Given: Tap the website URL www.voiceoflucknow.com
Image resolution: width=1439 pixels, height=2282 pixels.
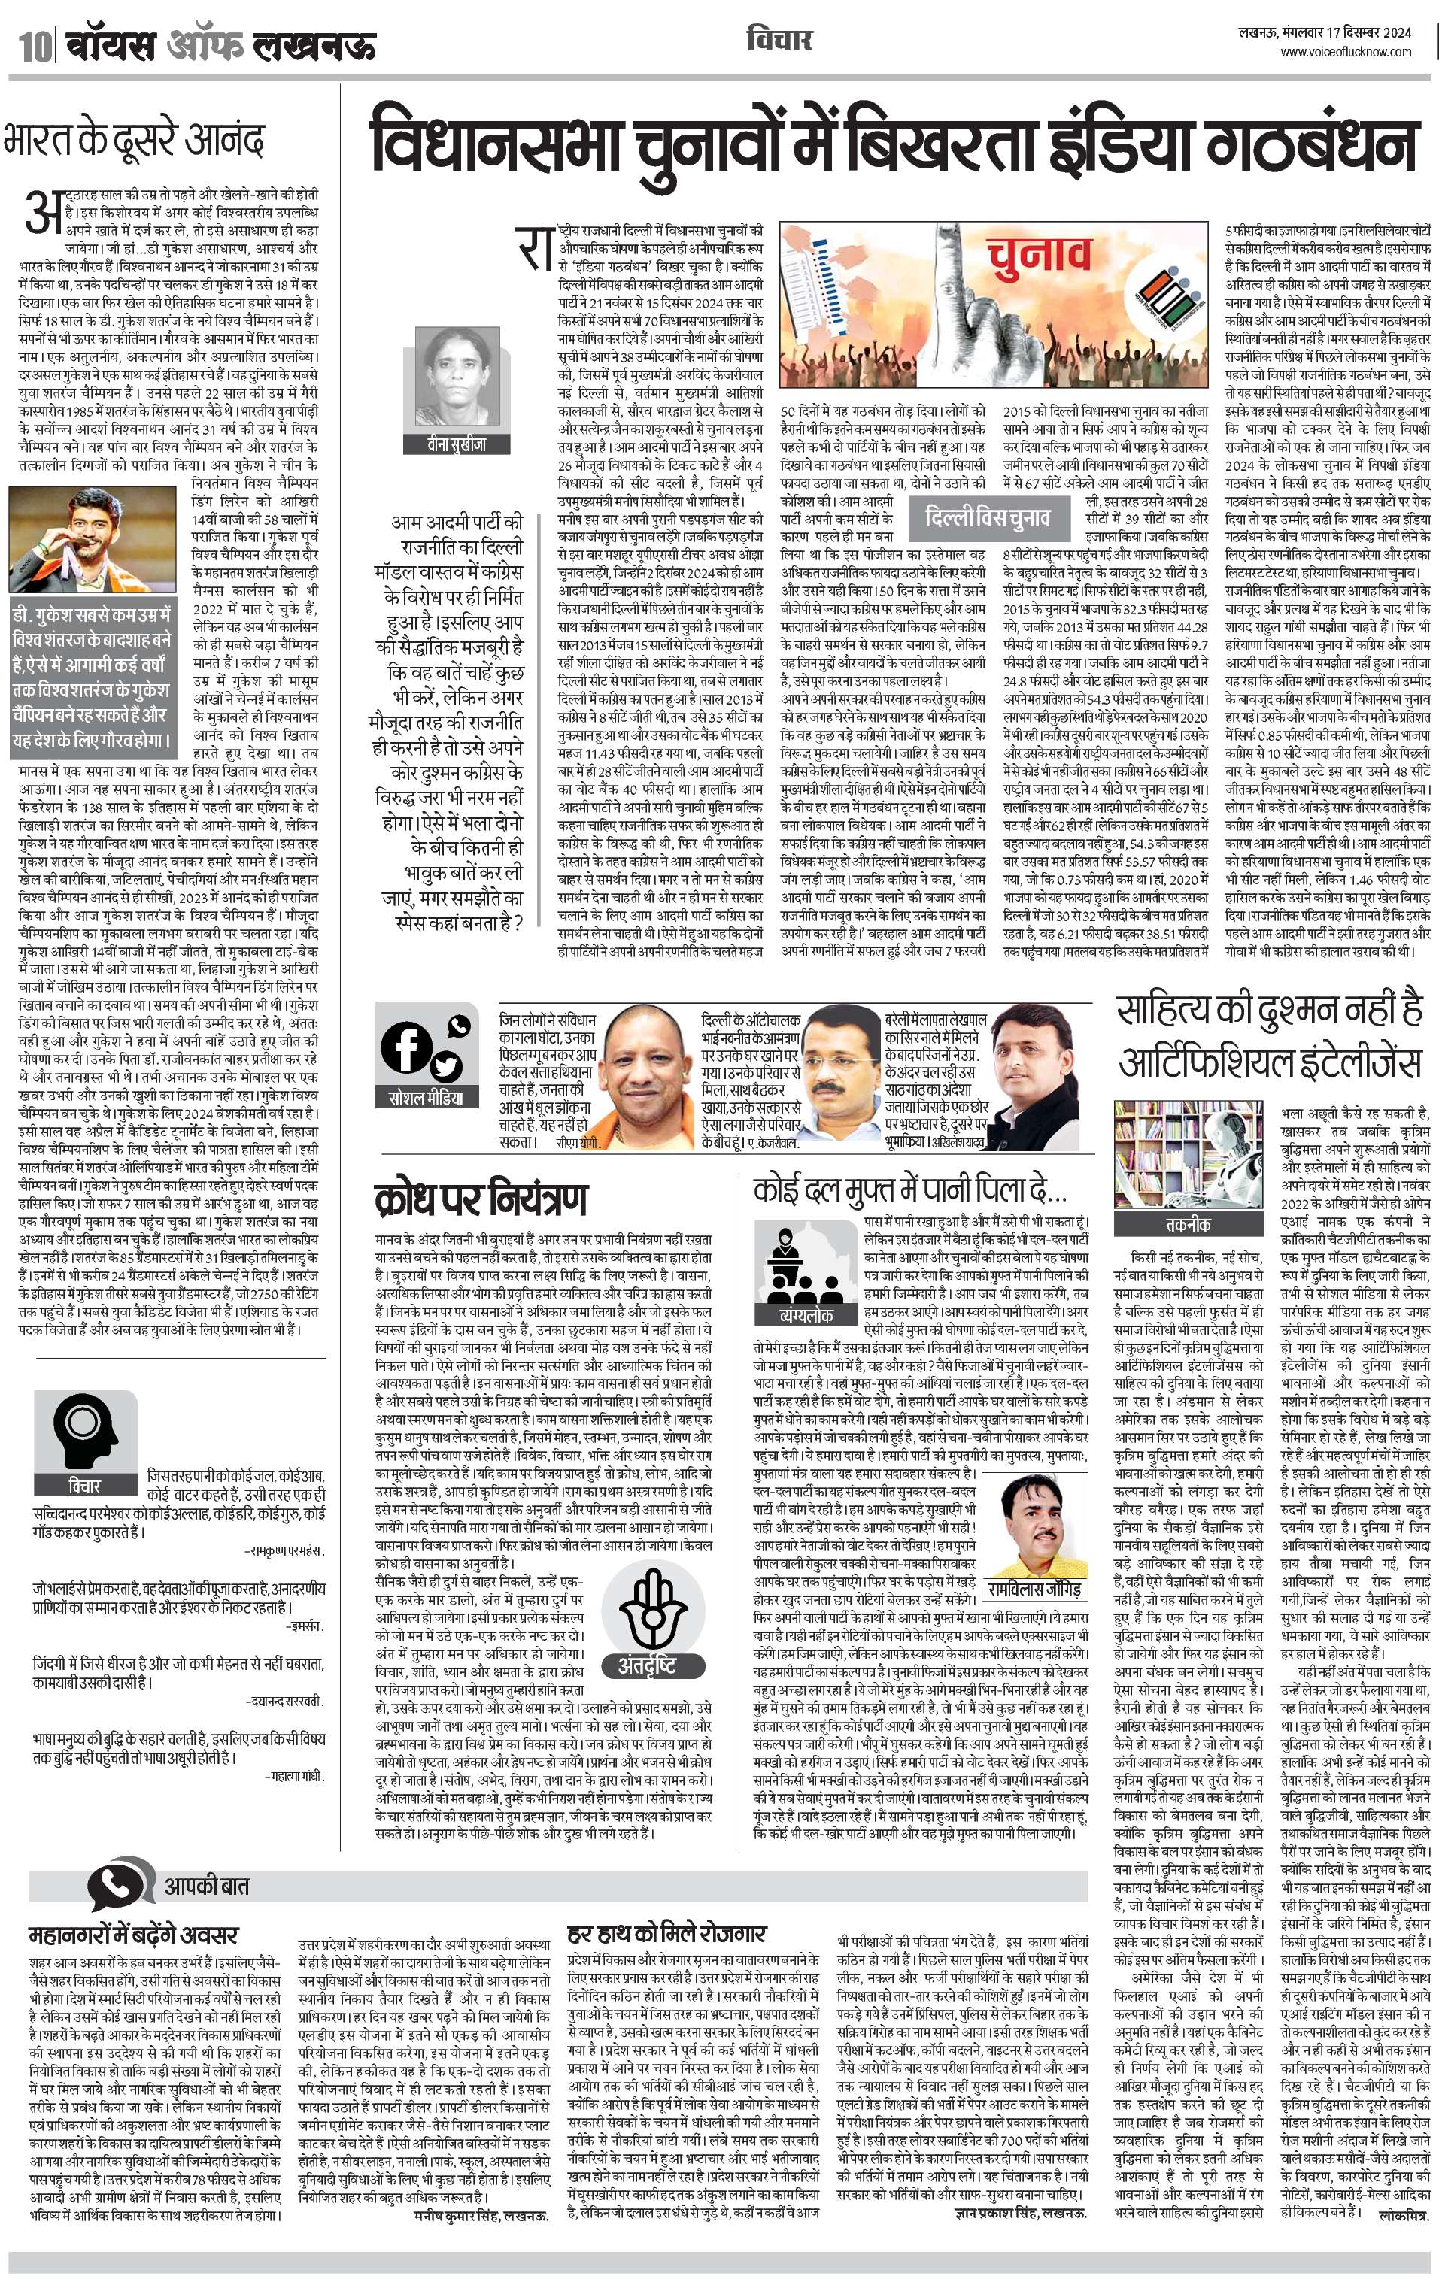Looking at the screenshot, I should (x=1345, y=53).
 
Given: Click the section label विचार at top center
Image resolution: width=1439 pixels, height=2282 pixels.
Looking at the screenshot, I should (x=779, y=41).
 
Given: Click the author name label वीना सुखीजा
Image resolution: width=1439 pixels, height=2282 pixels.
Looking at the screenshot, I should (x=457, y=443).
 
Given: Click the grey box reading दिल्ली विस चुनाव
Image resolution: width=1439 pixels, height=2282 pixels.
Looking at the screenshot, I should (x=986, y=517).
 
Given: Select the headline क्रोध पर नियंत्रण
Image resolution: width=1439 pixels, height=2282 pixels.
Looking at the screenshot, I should (x=481, y=1198).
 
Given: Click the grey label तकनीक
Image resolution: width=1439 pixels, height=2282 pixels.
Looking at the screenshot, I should (x=1188, y=1223).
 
